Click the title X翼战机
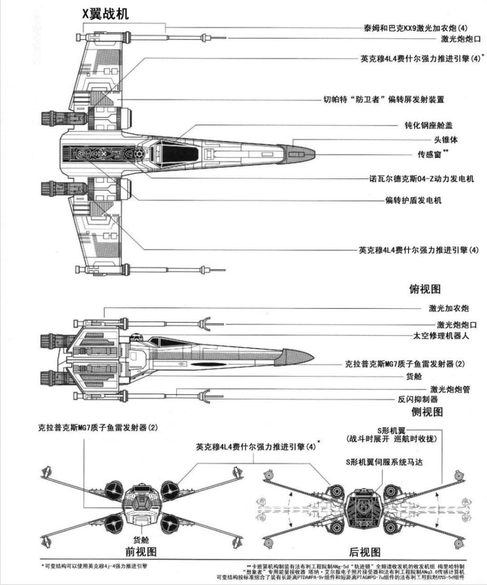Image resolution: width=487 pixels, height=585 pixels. click(106, 15)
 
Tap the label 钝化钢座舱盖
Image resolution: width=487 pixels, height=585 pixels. click(428, 125)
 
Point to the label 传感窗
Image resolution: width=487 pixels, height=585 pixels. click(430, 153)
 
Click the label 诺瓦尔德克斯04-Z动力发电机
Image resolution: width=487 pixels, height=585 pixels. click(425, 179)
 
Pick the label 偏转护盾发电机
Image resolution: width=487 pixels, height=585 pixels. click(413, 200)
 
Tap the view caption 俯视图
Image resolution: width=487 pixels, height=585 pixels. click(425, 289)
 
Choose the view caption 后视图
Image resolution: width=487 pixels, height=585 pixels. click(364, 552)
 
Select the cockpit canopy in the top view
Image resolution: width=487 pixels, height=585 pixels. click(174, 152)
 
